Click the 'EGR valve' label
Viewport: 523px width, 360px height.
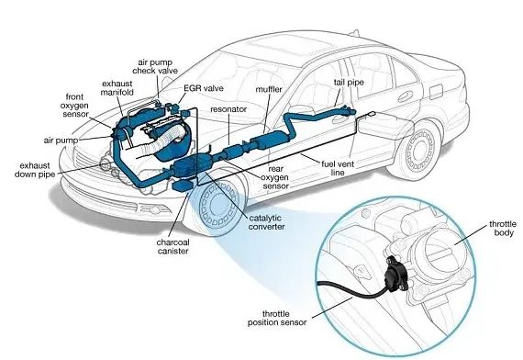(204, 88)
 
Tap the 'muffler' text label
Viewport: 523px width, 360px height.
(269, 89)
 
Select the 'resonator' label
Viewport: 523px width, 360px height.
(228, 109)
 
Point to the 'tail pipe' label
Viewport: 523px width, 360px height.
(349, 83)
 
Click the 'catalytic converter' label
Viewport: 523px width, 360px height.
(266, 222)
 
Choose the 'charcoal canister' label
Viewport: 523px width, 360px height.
(172, 247)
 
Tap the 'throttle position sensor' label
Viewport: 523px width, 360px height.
(277, 319)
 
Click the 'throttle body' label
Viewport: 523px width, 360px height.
(503, 229)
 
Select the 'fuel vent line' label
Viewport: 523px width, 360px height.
(338, 168)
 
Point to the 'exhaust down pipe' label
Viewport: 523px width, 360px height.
(35, 170)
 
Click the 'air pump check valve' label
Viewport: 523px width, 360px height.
(155, 67)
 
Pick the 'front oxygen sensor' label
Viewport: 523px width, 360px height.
(74, 106)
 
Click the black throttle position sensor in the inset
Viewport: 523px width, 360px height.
(395, 272)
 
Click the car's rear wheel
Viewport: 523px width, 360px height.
(420, 151)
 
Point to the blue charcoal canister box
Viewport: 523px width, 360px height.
(183, 186)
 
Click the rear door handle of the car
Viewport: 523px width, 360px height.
(405, 96)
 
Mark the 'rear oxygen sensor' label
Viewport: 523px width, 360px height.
(275, 177)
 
